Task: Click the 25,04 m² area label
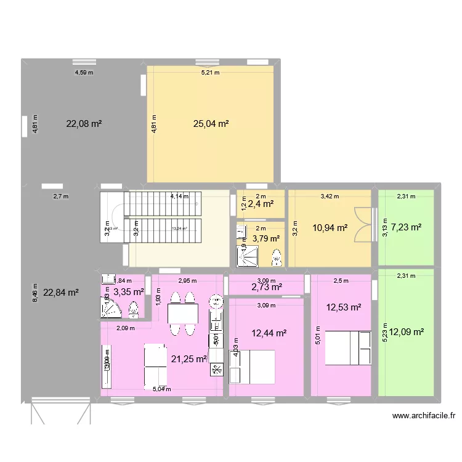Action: point(211,124)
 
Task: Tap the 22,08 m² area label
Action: point(84,124)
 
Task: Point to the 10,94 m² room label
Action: point(330,228)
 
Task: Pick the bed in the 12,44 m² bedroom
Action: point(252,366)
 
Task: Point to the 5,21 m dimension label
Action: point(210,73)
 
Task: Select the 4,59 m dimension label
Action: point(84,73)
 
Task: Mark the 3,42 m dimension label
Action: point(330,197)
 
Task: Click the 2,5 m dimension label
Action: point(340,281)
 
